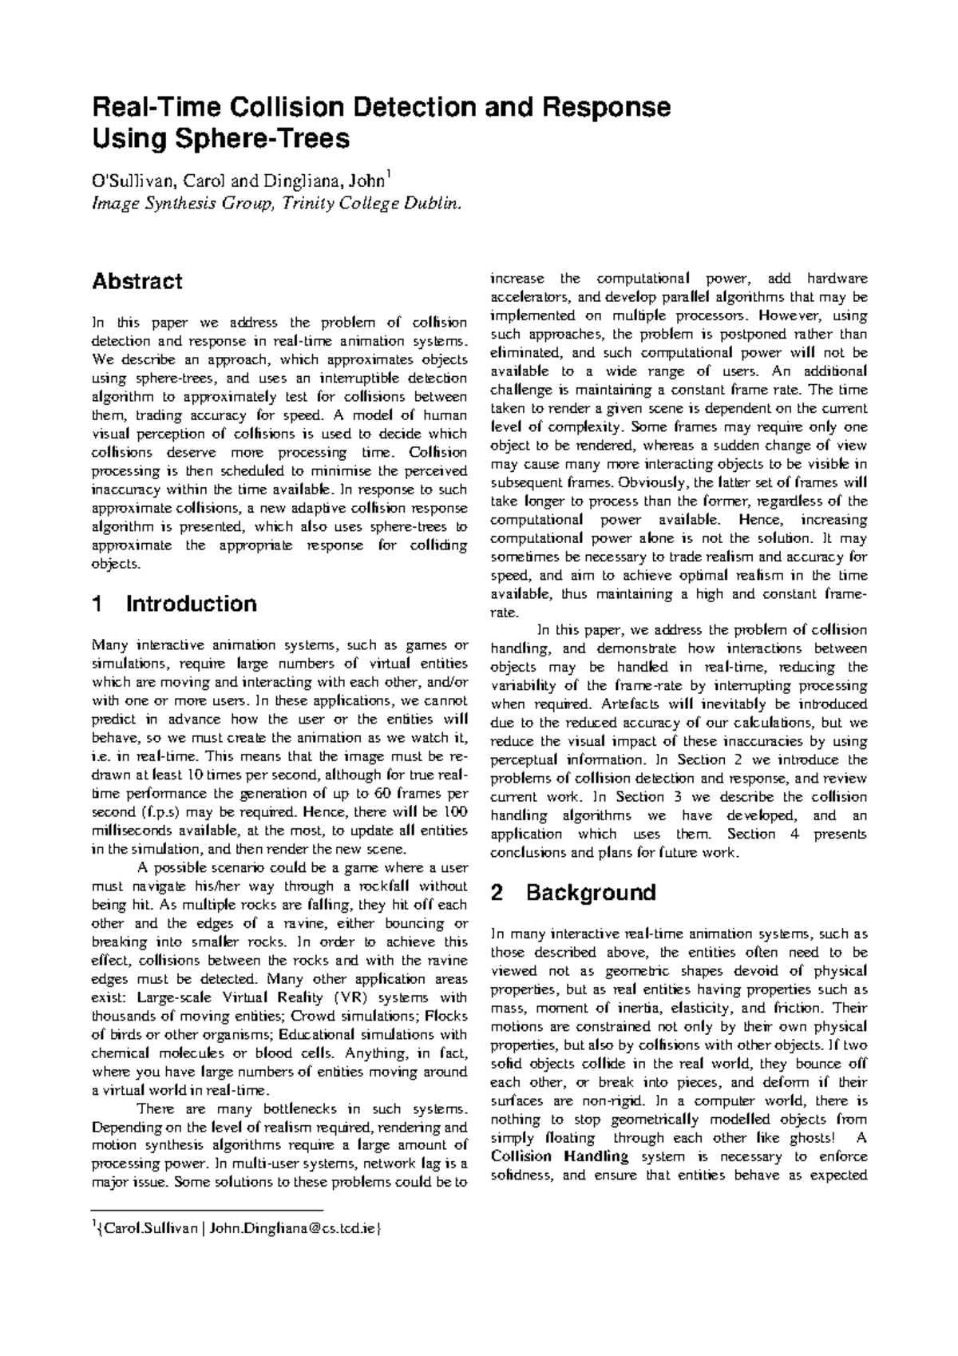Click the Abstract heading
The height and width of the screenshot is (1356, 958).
(137, 281)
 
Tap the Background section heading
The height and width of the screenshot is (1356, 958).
(590, 893)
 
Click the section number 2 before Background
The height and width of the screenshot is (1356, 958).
(497, 893)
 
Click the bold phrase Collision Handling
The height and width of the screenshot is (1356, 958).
(560, 1156)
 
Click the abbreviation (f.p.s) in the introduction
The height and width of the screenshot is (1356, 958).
(163, 812)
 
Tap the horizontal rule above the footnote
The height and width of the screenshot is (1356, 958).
(207, 1211)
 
